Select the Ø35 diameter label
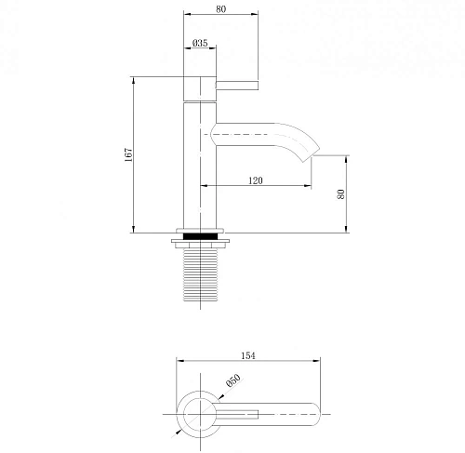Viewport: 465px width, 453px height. tap(199, 44)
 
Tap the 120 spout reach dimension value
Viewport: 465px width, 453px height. tap(257, 180)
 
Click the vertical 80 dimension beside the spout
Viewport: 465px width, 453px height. tap(341, 194)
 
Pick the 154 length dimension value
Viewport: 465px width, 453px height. tap(248, 355)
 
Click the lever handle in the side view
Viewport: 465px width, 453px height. tap(237, 86)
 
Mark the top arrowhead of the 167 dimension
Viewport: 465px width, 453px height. tap(136, 79)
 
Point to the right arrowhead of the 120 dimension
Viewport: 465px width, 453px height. tap(307, 186)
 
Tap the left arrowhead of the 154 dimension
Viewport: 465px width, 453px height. tap(180, 362)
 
